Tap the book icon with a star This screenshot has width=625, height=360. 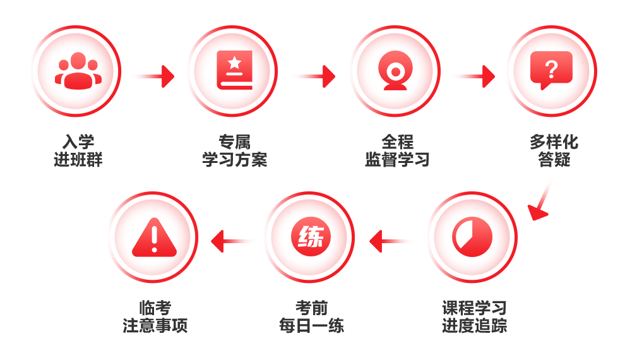[234, 70]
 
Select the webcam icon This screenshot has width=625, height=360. [395, 71]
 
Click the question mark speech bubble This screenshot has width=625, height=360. [551, 70]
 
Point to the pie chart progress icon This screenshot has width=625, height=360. [472, 237]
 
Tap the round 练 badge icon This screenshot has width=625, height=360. [311, 237]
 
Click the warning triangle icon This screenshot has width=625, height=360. [154, 237]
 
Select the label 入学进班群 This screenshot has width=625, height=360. [78, 151]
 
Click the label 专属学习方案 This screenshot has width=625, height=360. [234, 151]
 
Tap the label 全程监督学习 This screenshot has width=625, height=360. [397, 151]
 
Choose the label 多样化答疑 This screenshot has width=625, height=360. [554, 151]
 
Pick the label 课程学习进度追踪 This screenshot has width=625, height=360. [474, 317]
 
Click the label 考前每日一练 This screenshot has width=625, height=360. [311, 317]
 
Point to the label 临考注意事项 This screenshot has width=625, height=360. [155, 317]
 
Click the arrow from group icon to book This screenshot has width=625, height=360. [155, 76]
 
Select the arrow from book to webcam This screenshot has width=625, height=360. [315, 76]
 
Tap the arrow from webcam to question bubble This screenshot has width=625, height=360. [475, 76]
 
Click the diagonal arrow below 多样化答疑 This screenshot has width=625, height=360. [540, 202]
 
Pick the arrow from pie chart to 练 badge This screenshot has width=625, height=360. [390, 241]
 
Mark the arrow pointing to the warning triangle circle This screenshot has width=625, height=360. [231, 241]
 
